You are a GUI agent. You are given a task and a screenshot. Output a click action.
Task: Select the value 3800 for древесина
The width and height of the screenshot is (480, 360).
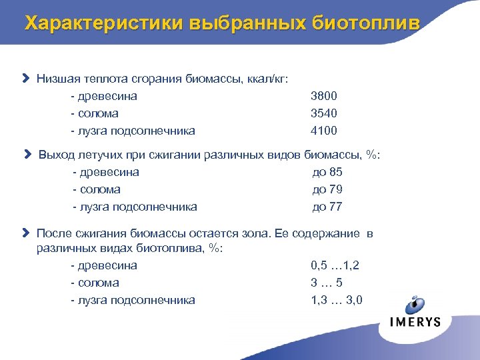click(323, 96)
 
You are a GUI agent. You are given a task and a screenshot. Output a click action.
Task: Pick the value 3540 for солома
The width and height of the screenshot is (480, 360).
click(323, 113)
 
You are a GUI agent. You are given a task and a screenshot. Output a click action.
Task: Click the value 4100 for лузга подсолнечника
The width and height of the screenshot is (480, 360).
click(323, 131)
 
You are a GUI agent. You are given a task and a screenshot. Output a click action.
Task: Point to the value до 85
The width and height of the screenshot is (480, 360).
click(327, 172)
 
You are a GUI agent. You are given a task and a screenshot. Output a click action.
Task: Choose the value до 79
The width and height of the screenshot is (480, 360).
click(327, 189)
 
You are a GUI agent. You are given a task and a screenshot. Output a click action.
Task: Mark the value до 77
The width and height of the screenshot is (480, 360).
click(327, 207)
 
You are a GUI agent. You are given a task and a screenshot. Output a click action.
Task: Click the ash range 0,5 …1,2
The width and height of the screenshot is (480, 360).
click(335, 265)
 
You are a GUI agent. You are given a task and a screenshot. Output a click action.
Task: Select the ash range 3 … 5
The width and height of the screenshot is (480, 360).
click(327, 283)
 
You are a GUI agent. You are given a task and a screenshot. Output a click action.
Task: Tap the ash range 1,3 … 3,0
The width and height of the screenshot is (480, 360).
click(337, 300)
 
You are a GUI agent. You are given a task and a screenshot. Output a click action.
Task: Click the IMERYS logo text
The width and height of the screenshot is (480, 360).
click(415, 321)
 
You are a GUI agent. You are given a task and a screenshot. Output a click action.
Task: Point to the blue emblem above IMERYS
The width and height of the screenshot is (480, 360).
click(417, 303)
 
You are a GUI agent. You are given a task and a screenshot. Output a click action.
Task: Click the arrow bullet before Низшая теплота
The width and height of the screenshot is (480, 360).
click(26, 79)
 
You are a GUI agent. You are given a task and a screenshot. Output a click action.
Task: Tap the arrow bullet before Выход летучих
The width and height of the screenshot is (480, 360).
click(28, 155)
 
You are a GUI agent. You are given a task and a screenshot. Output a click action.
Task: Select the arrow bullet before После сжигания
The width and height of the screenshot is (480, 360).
click(26, 233)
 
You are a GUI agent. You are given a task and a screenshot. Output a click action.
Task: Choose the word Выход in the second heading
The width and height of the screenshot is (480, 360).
click(55, 155)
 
